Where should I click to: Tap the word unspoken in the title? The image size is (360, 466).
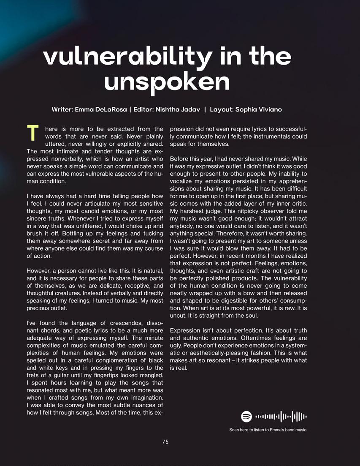[167, 82]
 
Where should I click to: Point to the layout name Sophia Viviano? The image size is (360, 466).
[259, 109]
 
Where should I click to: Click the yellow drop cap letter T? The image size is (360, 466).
[32, 133]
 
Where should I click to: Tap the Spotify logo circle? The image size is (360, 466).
[246, 417]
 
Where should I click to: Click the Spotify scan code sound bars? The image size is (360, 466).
[281, 417]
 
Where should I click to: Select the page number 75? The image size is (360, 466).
[165, 442]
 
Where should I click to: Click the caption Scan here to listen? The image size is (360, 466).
[268, 430]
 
